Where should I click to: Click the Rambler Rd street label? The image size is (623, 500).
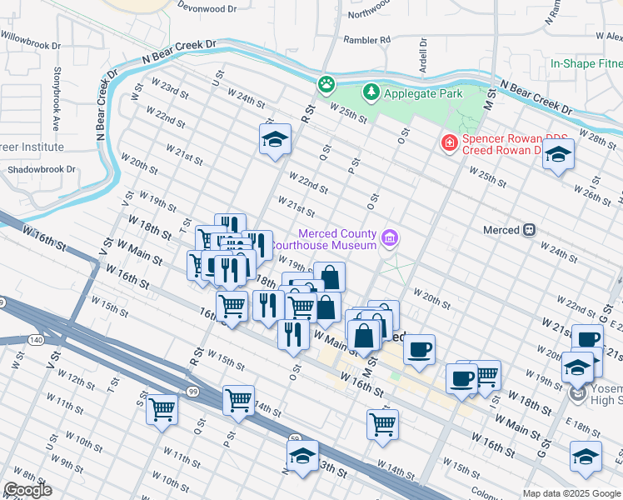tap(367, 39)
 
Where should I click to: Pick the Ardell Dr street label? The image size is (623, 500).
tap(423, 56)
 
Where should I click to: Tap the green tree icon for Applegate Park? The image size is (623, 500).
tap(371, 93)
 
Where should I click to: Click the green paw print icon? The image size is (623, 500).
tap(326, 83)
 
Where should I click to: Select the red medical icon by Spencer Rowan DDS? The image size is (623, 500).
tap(449, 143)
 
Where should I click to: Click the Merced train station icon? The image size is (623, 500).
tap(528, 229)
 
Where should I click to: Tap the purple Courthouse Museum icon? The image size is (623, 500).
tap(388, 240)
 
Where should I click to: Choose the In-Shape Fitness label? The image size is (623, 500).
tap(586, 63)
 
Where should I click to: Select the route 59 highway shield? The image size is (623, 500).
tap(295, 437)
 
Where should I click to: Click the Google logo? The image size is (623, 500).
tap(27, 490)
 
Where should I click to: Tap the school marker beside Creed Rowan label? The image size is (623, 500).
tap(558, 154)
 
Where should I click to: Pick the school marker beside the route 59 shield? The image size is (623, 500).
tap(302, 456)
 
